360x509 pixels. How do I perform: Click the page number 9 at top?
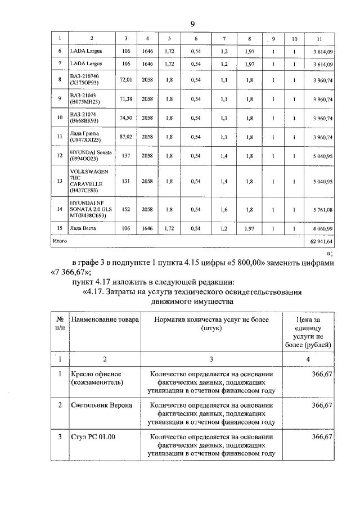[x=192, y=23]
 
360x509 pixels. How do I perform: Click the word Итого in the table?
[x=60, y=241]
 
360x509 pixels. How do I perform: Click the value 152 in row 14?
[x=126, y=209]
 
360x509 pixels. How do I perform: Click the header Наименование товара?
[x=105, y=319]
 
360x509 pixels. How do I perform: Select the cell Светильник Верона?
[x=102, y=405]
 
